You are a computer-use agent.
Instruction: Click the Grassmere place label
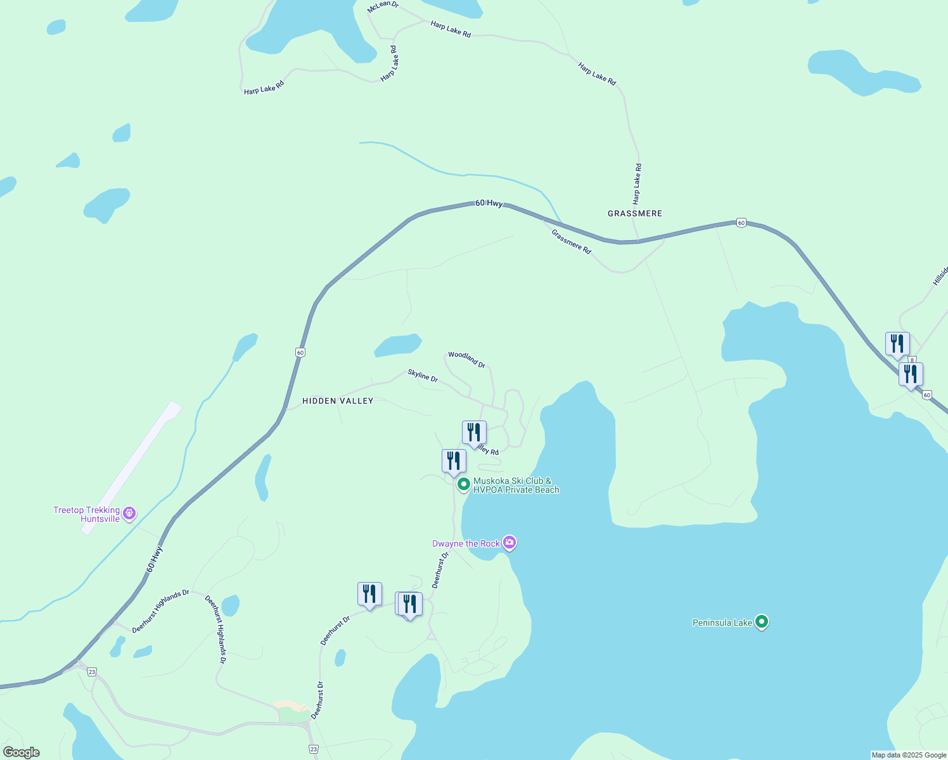click(x=634, y=213)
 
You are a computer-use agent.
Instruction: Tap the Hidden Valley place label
click(x=338, y=401)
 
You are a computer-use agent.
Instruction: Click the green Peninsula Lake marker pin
click(x=762, y=622)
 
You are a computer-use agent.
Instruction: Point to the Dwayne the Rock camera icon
click(x=509, y=543)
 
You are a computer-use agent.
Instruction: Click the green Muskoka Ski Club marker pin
click(x=463, y=484)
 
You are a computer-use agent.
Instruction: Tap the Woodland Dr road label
click(x=466, y=359)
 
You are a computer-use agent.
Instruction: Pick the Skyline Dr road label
click(x=423, y=376)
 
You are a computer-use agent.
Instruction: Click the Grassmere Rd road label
click(x=571, y=241)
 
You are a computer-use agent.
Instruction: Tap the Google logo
click(x=22, y=752)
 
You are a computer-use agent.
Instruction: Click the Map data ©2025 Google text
click(x=909, y=755)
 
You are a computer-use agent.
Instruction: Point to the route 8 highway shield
click(x=912, y=360)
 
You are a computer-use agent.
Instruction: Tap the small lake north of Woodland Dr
click(x=398, y=345)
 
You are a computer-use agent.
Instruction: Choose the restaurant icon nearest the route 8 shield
click(x=897, y=343)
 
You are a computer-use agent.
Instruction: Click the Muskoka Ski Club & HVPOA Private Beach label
click(x=516, y=485)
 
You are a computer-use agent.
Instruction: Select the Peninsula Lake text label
click(x=722, y=623)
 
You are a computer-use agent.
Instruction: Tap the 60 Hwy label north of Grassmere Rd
click(x=489, y=203)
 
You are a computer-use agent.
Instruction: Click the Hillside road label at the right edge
click(x=940, y=275)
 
